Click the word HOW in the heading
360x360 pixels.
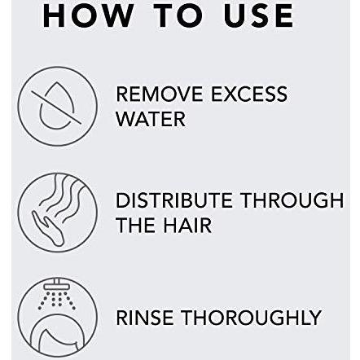(88, 15)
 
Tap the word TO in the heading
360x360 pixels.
(179, 15)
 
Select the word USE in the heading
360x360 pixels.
(259, 15)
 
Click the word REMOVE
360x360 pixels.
(160, 94)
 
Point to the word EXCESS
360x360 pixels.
(249, 94)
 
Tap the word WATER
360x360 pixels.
(151, 119)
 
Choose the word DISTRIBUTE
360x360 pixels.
(174, 200)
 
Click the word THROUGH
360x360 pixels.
(292, 200)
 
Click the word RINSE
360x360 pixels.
(144, 318)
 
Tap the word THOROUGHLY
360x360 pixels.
(251, 318)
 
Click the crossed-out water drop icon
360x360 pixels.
(57, 107)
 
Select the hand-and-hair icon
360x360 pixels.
(57, 213)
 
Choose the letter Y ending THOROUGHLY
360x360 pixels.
(314, 318)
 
